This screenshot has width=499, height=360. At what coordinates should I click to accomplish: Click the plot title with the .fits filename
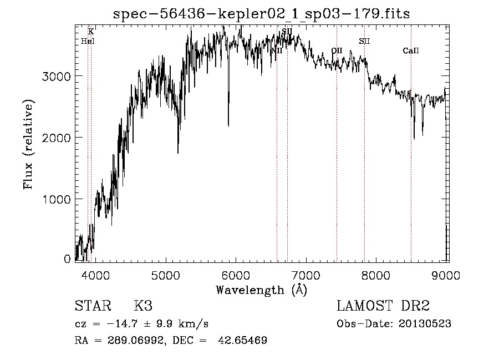(x=261, y=14)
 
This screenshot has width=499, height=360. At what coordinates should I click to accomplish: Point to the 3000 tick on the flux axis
(x=57, y=76)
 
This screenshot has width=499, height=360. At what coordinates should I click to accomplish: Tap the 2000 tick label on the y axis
(x=57, y=138)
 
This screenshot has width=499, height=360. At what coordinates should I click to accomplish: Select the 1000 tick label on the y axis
(x=57, y=199)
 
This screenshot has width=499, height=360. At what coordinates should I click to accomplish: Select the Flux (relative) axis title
(x=28, y=144)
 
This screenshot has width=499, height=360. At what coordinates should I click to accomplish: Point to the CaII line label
(x=411, y=51)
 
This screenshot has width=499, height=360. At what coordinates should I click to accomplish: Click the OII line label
(x=337, y=50)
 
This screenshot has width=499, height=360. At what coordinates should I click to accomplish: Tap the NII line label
(x=277, y=50)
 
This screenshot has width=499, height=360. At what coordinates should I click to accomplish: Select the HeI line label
(x=88, y=41)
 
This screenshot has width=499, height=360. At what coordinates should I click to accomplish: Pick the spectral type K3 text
(x=143, y=306)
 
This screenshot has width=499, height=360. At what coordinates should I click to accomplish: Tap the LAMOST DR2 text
(x=383, y=306)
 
